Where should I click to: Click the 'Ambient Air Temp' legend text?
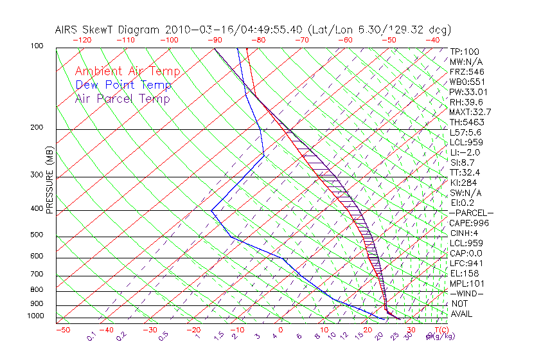tap(127, 71)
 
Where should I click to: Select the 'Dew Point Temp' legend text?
tap(123, 85)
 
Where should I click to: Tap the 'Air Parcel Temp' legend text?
tap(122, 98)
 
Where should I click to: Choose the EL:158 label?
tap(465, 273)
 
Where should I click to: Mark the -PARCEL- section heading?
tap(471, 213)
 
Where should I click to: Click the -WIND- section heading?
tap(467, 293)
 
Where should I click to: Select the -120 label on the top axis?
tap(82, 40)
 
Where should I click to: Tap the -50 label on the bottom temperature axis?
tap(63, 330)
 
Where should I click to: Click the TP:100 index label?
tap(465, 51)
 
